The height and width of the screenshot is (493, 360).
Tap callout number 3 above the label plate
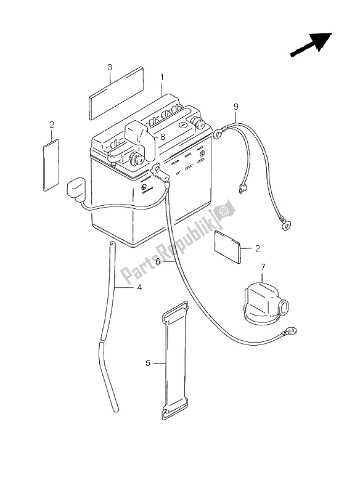[x=109, y=67]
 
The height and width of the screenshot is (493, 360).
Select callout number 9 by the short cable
[x=235, y=107]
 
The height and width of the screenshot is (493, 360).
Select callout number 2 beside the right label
[x=258, y=249]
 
